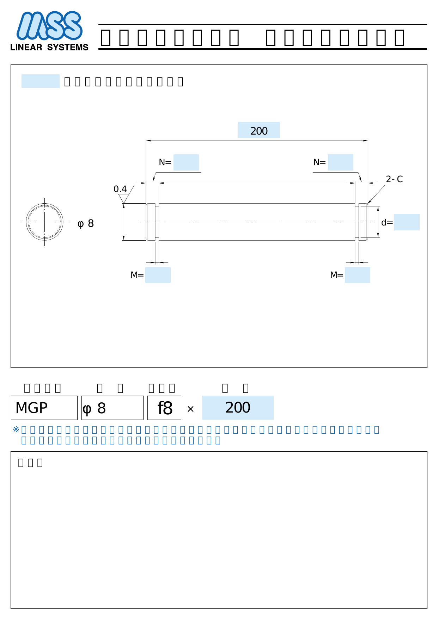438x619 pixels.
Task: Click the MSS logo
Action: click(49, 26)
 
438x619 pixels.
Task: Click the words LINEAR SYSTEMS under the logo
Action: click(49, 47)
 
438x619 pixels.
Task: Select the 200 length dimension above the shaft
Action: click(259, 130)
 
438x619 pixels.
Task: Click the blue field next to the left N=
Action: click(186, 162)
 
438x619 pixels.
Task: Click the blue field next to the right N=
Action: click(340, 162)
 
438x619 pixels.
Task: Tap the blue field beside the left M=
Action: click(158, 275)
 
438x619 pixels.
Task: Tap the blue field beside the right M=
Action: click(357, 275)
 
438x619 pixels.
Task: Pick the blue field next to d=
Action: click(407, 222)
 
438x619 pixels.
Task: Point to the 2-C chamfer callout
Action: click(394, 179)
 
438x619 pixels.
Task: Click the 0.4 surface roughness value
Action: click(120, 189)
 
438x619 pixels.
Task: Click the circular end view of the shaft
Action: click(44, 222)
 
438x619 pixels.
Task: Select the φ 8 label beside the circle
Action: click(86, 224)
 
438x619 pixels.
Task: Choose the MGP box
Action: click(44, 408)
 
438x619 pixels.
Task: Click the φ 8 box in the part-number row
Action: click(112, 408)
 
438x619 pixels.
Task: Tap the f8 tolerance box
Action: click(164, 408)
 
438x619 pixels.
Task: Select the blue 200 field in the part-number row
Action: click(238, 408)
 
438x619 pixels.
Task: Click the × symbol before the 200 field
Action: click(190, 409)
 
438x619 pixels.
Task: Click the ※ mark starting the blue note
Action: click(16, 429)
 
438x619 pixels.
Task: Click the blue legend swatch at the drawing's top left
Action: click(40, 81)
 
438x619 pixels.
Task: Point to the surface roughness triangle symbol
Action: click(123, 199)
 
